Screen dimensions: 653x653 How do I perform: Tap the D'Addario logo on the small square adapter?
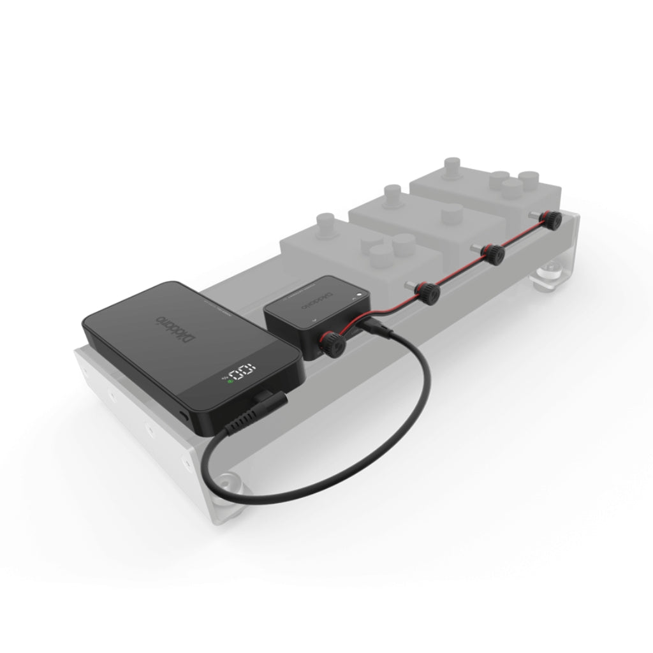(x=325, y=298)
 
